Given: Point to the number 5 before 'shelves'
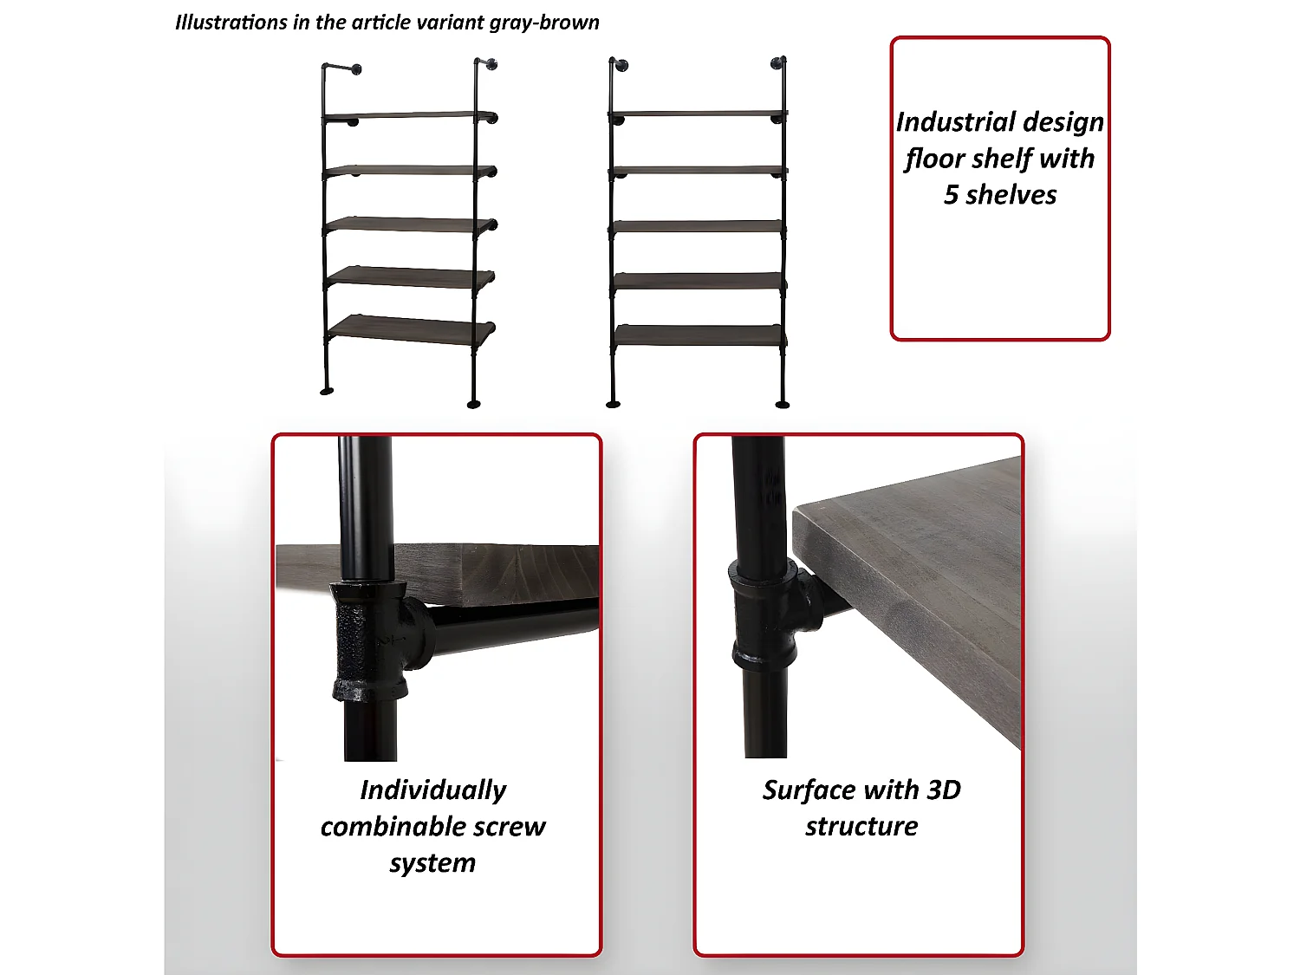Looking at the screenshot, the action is click(951, 195).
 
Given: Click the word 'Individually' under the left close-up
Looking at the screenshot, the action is click(433, 791).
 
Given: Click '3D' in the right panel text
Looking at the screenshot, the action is click(944, 790).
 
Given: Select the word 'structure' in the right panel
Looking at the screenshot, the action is click(861, 827).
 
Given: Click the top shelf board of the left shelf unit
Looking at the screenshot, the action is click(409, 115).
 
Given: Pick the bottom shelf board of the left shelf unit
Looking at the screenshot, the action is click(411, 329).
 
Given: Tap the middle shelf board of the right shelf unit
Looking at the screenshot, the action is click(697, 226).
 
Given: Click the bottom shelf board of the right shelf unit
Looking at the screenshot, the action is click(698, 335).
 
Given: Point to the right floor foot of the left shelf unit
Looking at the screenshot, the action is click(473, 405).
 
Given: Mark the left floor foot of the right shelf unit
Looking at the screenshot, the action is click(613, 405).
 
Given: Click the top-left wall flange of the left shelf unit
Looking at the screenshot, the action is click(356, 69).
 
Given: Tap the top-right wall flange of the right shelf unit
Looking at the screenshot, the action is click(776, 63).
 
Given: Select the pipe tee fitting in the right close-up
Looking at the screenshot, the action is click(771, 614).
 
